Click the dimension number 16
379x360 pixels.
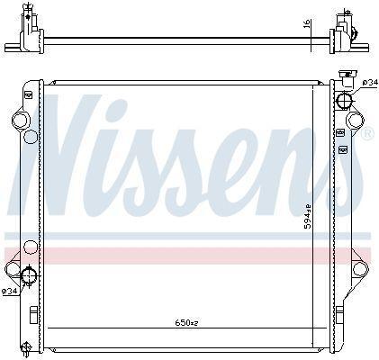(x=307, y=23)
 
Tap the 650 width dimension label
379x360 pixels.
(x=186, y=323)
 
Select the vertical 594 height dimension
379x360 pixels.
(x=307, y=216)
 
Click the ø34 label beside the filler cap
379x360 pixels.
(x=370, y=83)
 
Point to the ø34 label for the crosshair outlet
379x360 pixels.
(x=9, y=291)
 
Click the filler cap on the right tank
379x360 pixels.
(x=347, y=78)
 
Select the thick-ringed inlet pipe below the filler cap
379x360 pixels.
(x=344, y=100)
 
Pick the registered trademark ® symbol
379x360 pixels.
(x=369, y=133)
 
